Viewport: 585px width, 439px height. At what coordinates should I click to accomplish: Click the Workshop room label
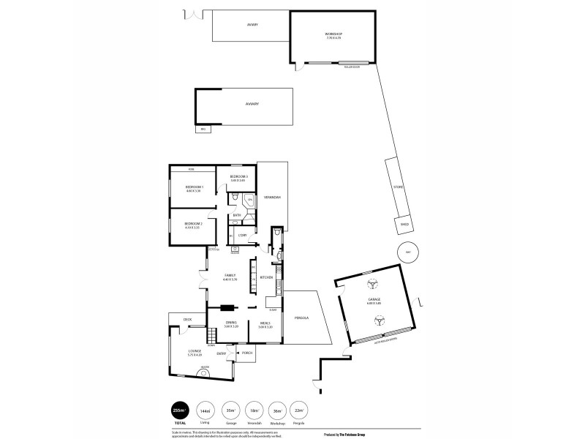[x=333, y=34]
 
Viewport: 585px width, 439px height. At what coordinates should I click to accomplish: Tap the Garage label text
[x=374, y=300]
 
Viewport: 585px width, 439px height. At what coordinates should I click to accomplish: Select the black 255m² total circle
[x=178, y=410]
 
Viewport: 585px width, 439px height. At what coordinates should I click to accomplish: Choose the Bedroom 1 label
[x=192, y=188]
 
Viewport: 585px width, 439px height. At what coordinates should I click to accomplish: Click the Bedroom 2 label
[x=192, y=223]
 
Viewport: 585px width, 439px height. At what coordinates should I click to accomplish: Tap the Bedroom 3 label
[x=239, y=177]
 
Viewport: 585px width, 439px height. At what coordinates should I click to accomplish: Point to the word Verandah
[x=273, y=198]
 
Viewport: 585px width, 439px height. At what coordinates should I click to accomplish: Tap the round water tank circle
[x=407, y=251]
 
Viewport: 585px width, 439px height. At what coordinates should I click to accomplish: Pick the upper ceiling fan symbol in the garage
[x=371, y=284]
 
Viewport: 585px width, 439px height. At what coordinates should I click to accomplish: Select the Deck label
[x=187, y=319]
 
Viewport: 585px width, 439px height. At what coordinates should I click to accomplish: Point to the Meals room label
[x=265, y=324]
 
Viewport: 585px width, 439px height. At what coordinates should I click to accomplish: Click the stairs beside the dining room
[x=212, y=337]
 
